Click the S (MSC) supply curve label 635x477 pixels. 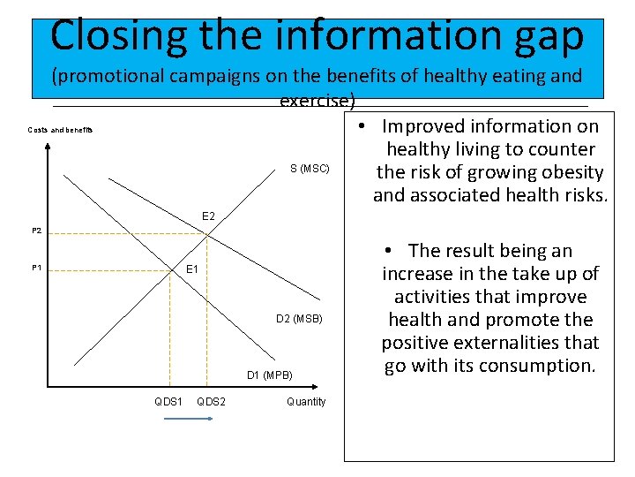[x=310, y=169]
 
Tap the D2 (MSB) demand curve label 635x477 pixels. [x=299, y=319]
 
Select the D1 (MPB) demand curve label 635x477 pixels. [x=269, y=375]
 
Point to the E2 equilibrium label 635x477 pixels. [x=208, y=216]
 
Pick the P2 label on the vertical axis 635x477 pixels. [x=36, y=231]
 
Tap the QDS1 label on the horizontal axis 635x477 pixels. [x=168, y=402]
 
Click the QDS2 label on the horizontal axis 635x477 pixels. [x=211, y=402]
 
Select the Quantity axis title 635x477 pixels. [x=306, y=402]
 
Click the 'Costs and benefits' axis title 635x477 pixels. [x=60, y=131]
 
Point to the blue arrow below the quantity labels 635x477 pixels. [x=189, y=420]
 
